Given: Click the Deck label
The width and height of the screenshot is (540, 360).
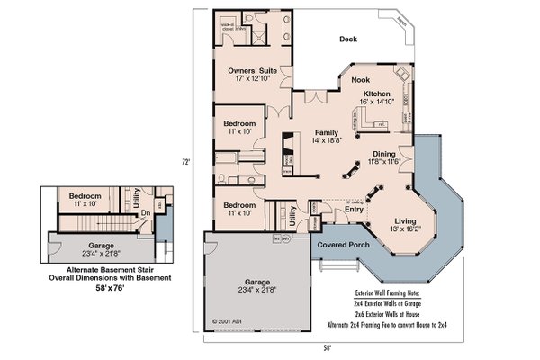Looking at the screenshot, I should coord(349,39).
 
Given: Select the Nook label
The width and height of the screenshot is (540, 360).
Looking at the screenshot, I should coord(347,80).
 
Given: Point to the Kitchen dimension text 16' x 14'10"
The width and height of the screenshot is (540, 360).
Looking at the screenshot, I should coord(377,103).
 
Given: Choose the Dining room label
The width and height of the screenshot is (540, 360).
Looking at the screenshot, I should coord(383,153).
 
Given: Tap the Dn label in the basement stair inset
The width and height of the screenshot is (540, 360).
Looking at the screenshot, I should coord(158,214).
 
